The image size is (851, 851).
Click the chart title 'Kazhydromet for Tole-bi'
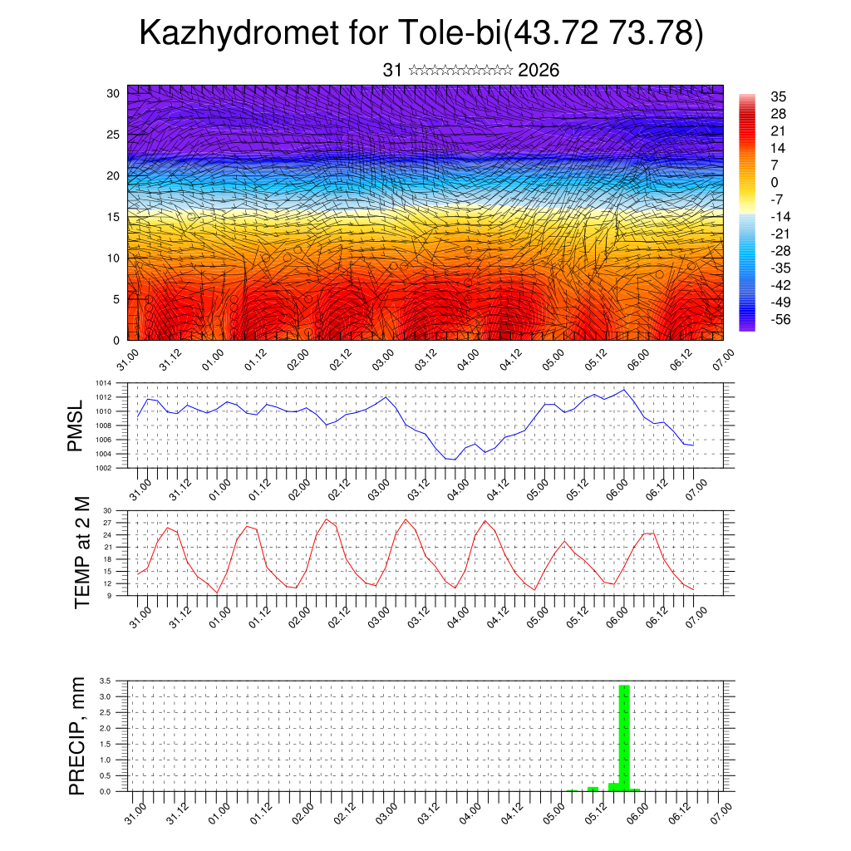(319, 33)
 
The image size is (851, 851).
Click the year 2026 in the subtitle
(539, 71)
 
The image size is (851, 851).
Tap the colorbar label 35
(779, 96)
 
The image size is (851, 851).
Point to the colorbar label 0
(775, 182)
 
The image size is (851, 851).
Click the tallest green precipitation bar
(624, 735)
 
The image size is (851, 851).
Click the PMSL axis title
(76, 425)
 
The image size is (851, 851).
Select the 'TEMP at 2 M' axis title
(82, 552)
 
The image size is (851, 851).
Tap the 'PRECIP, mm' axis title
(76, 735)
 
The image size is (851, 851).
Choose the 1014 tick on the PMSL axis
(103, 383)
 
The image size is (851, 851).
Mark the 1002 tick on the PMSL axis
(103, 468)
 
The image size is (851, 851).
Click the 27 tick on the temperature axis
(107, 523)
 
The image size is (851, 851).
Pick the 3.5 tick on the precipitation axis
(106, 681)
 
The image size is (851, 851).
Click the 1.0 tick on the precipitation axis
(106, 760)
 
